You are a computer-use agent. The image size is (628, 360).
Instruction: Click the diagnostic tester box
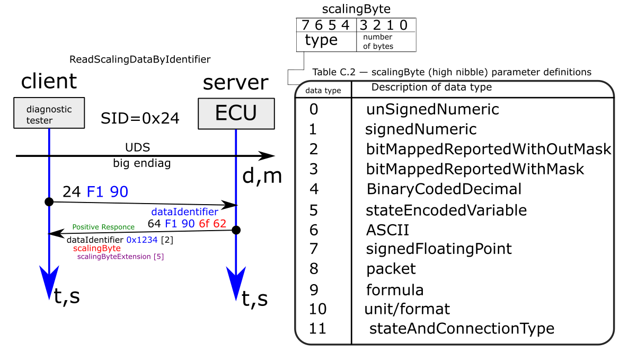(x=49, y=113)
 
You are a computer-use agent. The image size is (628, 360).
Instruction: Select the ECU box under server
(x=236, y=113)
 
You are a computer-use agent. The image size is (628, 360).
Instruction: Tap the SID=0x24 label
(x=140, y=118)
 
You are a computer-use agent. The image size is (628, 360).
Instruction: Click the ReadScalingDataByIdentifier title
(x=140, y=59)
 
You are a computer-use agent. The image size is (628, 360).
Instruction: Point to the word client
(x=49, y=81)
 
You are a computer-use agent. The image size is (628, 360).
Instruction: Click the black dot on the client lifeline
(x=49, y=201)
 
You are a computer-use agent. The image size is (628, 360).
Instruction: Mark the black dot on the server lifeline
(x=236, y=230)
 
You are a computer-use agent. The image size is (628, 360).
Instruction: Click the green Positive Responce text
(x=103, y=227)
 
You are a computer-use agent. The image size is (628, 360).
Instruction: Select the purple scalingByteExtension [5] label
(x=120, y=257)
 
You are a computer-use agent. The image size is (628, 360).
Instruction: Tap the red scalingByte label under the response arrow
(x=97, y=249)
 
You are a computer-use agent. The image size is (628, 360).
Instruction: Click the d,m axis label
(x=262, y=175)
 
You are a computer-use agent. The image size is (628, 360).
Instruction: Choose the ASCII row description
(x=388, y=230)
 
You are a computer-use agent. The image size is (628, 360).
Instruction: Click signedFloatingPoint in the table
(x=439, y=249)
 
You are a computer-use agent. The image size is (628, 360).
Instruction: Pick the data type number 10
(x=317, y=309)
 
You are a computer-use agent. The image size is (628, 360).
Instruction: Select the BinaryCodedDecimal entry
(x=444, y=189)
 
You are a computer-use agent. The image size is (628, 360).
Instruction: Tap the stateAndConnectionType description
(x=462, y=329)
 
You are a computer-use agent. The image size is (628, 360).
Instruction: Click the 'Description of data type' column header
(x=432, y=87)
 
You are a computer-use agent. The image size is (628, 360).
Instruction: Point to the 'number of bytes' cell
(x=378, y=42)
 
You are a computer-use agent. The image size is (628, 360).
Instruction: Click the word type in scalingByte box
(x=321, y=40)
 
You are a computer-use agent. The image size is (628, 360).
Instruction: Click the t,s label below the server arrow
(x=255, y=298)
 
